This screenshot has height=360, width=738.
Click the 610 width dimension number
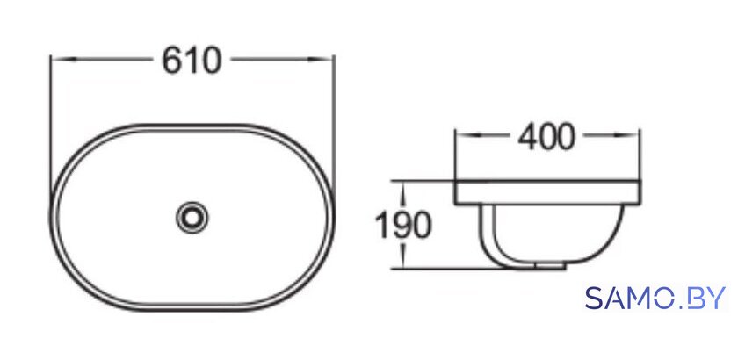tap(192, 61)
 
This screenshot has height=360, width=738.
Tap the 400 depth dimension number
tap(546, 137)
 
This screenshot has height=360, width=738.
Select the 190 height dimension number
tap(403, 225)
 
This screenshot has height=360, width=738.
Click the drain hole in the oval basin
tap(192, 217)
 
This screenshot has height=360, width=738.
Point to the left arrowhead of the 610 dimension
tap(63, 60)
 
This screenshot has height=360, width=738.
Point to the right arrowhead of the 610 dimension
tap(321, 60)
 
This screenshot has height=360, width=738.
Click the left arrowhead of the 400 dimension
tap(467, 134)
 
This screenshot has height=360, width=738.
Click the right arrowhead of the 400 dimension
tap(626, 134)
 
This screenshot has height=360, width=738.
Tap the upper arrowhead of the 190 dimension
tap(402, 192)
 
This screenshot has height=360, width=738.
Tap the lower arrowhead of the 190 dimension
tap(402, 257)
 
